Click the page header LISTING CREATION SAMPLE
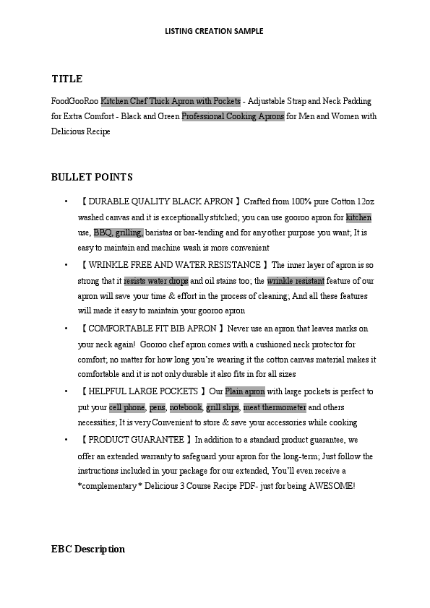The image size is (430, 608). (x=214, y=31)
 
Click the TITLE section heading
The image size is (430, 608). (x=67, y=79)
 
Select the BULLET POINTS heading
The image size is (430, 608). (x=92, y=177)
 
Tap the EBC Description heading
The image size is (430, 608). (x=88, y=550)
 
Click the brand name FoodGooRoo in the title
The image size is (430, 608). (x=75, y=101)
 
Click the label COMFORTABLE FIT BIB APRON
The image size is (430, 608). (x=150, y=329)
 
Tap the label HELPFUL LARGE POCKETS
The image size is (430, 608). (x=142, y=391)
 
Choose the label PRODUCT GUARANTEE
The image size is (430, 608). (x=137, y=439)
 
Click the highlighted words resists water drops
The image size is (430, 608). (x=156, y=281)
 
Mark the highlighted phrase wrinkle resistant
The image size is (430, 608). (x=296, y=281)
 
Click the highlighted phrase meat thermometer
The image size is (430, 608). (x=275, y=407)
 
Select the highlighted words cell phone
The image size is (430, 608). (x=127, y=407)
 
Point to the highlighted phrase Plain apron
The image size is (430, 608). (x=245, y=391)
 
